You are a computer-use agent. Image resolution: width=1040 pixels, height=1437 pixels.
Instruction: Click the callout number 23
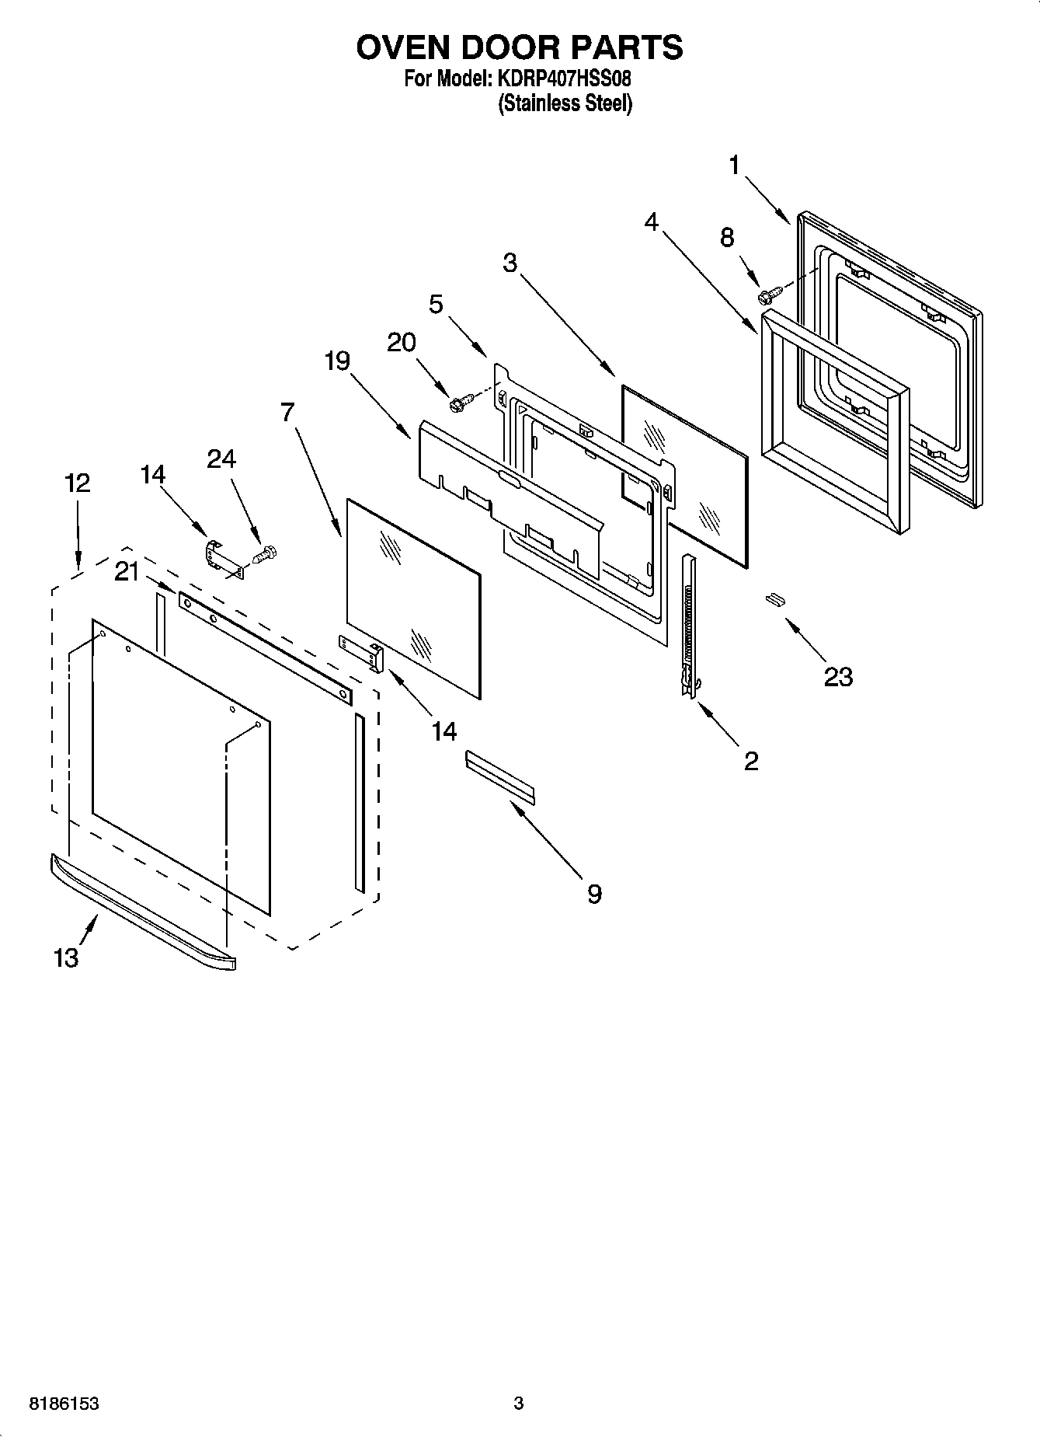(x=838, y=676)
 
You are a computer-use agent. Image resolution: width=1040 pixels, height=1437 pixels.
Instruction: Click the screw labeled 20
(x=460, y=403)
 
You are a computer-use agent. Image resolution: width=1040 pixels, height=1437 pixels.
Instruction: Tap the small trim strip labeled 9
(x=500, y=776)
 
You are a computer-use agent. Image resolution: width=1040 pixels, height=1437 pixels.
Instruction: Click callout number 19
(x=337, y=361)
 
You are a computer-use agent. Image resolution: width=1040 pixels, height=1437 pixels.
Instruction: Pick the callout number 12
(x=78, y=483)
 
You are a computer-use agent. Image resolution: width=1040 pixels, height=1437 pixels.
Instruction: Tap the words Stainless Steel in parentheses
(x=565, y=103)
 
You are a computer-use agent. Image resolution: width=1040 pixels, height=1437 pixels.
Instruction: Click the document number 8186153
(x=64, y=1404)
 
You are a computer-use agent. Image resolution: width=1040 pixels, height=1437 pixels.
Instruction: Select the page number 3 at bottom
(x=518, y=1404)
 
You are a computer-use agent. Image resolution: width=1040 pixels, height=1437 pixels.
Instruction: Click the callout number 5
(x=436, y=304)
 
